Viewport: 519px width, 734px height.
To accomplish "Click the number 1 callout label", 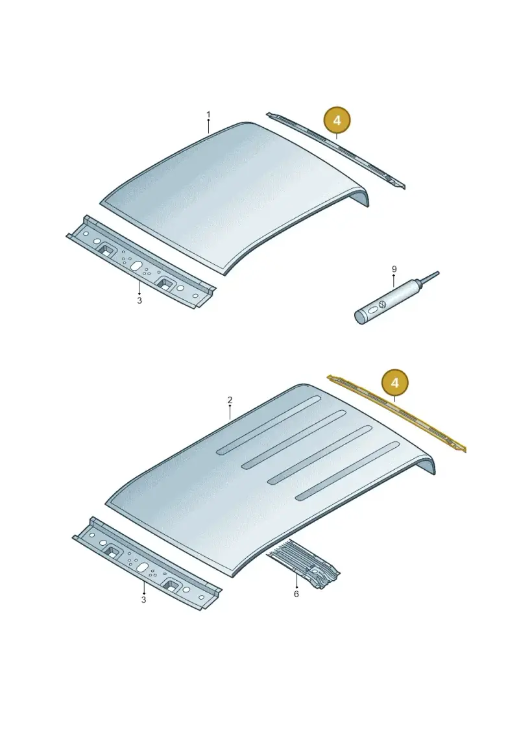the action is click(x=208, y=115).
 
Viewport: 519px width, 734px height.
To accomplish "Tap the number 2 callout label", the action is click(x=230, y=400).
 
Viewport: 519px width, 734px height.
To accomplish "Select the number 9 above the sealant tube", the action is click(x=394, y=269).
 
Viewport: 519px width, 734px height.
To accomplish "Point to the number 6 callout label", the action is click(x=296, y=594).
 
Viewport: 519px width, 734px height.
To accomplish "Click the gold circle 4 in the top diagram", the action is click(x=337, y=121).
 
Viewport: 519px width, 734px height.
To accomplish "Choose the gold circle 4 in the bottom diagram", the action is click(x=395, y=384).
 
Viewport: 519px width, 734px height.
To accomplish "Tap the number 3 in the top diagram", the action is click(x=139, y=300).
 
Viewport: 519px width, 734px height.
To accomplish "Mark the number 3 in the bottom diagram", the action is click(x=143, y=600).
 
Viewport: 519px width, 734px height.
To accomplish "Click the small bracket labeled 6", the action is click(x=304, y=564).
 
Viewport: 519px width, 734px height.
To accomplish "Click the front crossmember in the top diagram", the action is click(x=140, y=262).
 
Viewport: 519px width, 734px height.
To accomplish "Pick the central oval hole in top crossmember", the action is click(x=136, y=265).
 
